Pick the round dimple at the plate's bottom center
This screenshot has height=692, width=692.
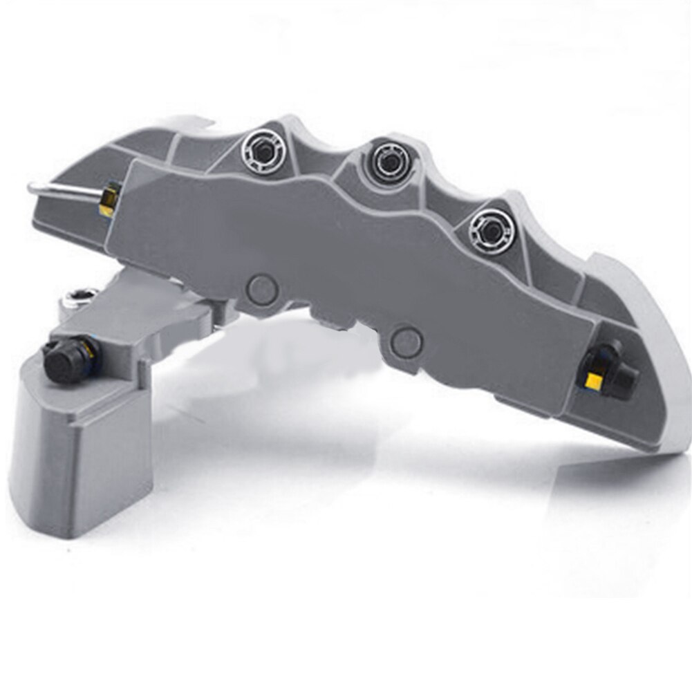tap(406, 341)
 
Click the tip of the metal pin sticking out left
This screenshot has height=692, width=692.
tap(32, 187)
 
